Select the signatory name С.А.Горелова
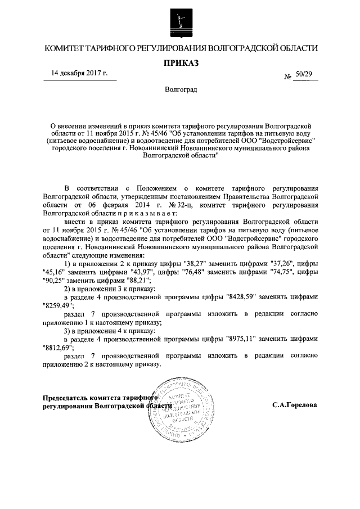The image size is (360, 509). pos(294,405)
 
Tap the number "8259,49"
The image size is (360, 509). pos(58,305)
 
